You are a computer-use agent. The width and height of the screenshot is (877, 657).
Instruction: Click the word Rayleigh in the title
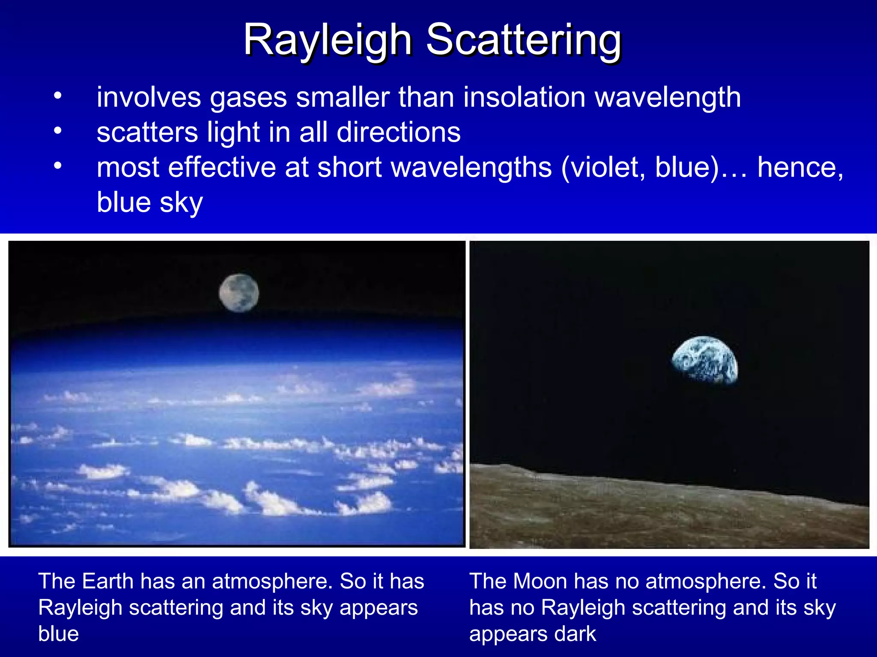[x=328, y=41]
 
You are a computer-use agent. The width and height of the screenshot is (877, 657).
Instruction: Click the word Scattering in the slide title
[x=523, y=41]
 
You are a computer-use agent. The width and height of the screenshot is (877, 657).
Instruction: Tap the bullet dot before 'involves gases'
[x=58, y=95]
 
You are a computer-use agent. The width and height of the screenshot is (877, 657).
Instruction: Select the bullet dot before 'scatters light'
[x=58, y=130]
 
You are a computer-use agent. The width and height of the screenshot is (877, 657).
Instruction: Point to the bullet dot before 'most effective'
[x=58, y=166]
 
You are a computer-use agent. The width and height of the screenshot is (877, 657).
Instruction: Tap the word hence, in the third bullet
[x=800, y=167]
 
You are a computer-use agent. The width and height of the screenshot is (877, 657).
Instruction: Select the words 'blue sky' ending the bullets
[x=150, y=202]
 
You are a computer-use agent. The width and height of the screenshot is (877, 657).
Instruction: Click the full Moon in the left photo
[x=239, y=293]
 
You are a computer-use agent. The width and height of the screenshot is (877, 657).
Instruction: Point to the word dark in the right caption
[x=575, y=634]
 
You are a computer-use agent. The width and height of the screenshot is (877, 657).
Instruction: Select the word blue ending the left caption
[x=59, y=634]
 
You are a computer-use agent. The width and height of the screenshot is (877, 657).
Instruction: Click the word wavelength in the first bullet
[x=668, y=98]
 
